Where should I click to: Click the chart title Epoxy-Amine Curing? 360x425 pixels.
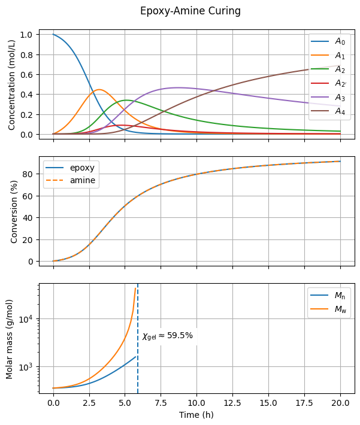tap(190, 11)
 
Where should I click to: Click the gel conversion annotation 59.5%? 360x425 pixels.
tap(168, 336)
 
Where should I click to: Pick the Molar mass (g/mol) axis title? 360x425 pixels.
tap(10, 339)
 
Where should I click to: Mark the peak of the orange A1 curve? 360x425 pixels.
tap(99, 90)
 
